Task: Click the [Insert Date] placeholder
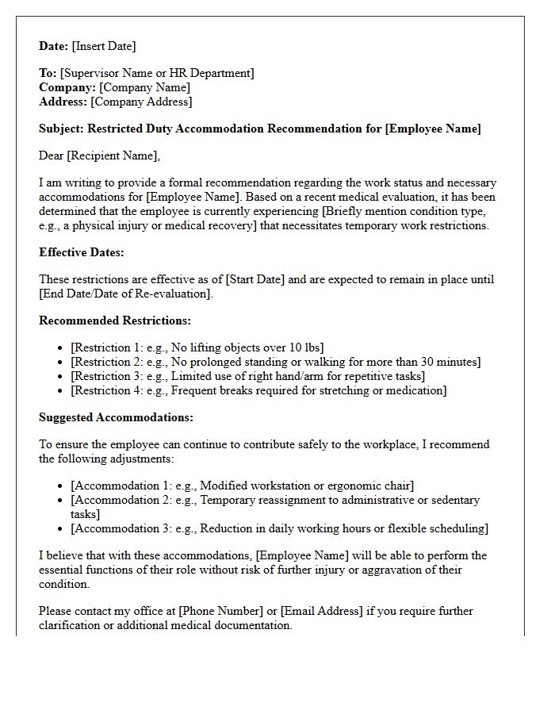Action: (105, 46)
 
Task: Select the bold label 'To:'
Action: (48, 73)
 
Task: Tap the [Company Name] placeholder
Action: (144, 87)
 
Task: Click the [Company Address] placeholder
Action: (141, 102)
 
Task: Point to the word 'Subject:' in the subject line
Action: (61, 129)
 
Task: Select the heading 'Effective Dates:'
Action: (82, 252)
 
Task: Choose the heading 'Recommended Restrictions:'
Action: (115, 321)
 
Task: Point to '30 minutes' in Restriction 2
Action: (450, 362)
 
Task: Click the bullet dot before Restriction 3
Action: (62, 376)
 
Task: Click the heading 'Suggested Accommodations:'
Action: (116, 417)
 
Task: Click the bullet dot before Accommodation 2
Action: (62, 500)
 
